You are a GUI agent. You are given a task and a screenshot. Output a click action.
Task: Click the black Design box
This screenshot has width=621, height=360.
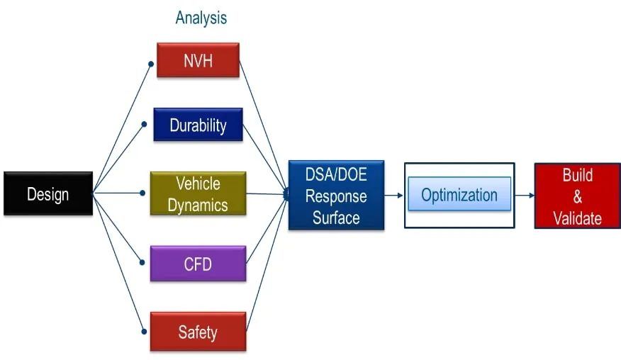pyautogui.click(x=48, y=193)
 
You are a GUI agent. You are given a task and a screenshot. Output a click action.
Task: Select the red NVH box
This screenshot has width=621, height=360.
pyautogui.click(x=198, y=60)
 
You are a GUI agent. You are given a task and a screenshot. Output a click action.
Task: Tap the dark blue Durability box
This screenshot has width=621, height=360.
pyautogui.click(x=198, y=125)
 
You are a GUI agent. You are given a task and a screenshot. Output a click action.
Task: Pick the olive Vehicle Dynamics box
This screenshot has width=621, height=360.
pyautogui.click(x=198, y=194)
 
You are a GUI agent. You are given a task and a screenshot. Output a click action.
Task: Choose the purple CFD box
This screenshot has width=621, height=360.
pyautogui.click(x=198, y=264)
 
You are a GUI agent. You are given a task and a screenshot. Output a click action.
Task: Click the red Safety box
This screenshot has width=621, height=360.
pyautogui.click(x=198, y=332)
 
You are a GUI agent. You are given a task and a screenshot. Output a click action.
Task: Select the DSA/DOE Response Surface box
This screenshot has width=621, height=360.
pyautogui.click(x=336, y=196)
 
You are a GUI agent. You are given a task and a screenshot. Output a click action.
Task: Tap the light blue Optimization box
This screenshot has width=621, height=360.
pyautogui.click(x=459, y=194)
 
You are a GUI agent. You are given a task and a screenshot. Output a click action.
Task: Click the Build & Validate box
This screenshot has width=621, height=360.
pyautogui.click(x=577, y=196)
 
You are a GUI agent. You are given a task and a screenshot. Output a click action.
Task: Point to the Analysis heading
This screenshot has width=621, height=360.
pyautogui.click(x=201, y=18)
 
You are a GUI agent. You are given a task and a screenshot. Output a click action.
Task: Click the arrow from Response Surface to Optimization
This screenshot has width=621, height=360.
pyautogui.click(x=394, y=195)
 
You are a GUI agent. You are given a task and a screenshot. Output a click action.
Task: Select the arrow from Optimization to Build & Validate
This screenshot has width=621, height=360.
pyautogui.click(x=525, y=195)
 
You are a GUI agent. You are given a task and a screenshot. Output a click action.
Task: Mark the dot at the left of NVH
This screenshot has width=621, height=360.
pyautogui.click(x=151, y=64)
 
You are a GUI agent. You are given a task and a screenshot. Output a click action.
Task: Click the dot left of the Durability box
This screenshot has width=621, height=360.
pyautogui.click(x=145, y=125)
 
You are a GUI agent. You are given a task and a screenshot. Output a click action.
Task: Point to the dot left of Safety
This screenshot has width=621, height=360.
pyautogui.click(x=144, y=330)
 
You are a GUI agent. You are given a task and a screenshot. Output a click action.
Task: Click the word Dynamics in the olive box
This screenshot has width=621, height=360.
pyautogui.click(x=198, y=206)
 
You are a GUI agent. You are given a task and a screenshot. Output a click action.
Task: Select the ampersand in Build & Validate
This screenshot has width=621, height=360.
pyautogui.click(x=577, y=196)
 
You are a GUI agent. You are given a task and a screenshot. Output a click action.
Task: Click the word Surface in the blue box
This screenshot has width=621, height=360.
pyautogui.click(x=336, y=217)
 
